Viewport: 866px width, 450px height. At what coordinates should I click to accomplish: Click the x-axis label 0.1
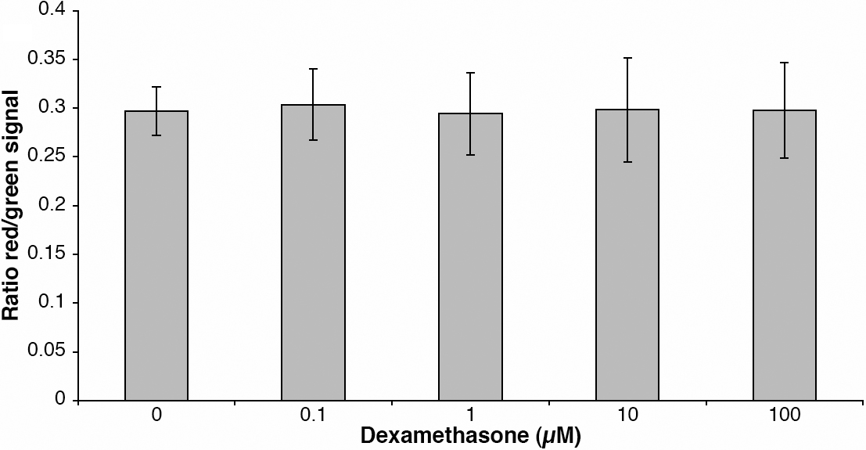314,416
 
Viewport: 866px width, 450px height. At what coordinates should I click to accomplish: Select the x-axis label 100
785,416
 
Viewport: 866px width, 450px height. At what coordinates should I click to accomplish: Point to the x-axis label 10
627,416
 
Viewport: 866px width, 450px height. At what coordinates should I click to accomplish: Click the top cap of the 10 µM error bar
627,58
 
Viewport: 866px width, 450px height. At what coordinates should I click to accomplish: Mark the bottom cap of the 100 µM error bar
785,158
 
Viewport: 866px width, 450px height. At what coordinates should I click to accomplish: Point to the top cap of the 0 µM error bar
156,87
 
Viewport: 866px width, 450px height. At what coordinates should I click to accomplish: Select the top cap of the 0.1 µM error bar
314,69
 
